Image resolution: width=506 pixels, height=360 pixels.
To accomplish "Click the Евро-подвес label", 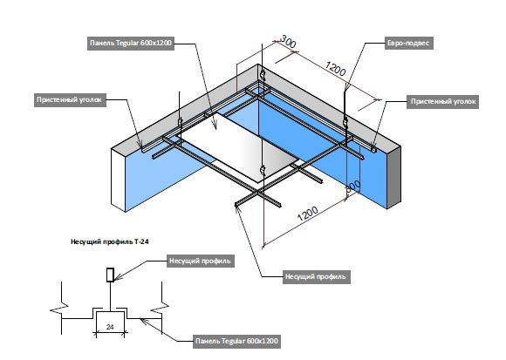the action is [x=408, y=44].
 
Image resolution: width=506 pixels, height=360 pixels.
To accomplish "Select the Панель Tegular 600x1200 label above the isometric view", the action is [x=131, y=43].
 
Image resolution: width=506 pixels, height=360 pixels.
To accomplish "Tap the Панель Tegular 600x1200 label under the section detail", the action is [x=236, y=341].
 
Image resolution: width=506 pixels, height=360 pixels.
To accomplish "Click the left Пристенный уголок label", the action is [x=69, y=100].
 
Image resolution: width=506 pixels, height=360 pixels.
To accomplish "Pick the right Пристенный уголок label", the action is [x=443, y=102].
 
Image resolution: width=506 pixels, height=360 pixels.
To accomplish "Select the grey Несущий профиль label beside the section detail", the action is [x=200, y=261].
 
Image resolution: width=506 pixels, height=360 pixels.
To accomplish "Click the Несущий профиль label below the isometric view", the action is [x=316, y=277].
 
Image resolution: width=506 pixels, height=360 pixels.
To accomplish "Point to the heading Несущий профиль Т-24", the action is [x=110, y=241].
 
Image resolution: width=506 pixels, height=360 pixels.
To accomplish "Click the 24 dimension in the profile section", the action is [x=110, y=327].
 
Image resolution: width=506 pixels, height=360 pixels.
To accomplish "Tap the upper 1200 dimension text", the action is [x=335, y=69].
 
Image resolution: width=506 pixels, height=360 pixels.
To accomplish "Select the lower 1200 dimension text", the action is [x=308, y=213].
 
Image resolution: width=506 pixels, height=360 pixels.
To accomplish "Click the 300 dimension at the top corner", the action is [x=288, y=41].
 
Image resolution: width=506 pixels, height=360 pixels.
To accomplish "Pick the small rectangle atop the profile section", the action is [x=111, y=275].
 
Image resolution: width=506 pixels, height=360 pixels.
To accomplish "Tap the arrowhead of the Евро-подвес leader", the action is [x=346, y=87].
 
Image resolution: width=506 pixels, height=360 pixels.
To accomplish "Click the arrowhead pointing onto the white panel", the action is [x=215, y=126].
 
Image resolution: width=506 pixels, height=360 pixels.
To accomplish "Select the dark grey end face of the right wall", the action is [x=394, y=177].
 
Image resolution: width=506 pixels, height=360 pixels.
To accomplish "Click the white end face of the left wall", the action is [x=119, y=180].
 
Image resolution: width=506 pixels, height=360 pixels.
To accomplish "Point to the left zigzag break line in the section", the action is [x=61, y=309].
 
